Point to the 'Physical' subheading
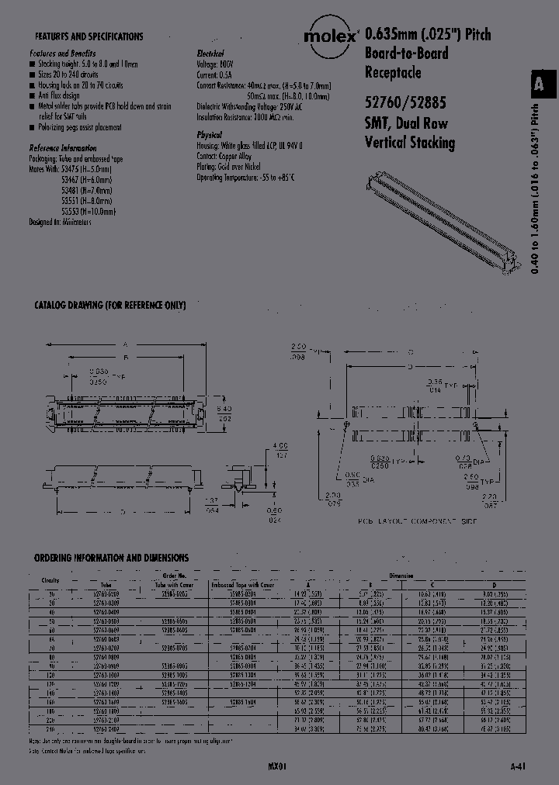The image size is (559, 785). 209,135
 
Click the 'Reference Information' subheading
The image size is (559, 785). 63,147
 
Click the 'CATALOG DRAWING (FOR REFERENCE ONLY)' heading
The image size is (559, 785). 109,306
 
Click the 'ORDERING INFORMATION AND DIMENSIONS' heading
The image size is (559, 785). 111,558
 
